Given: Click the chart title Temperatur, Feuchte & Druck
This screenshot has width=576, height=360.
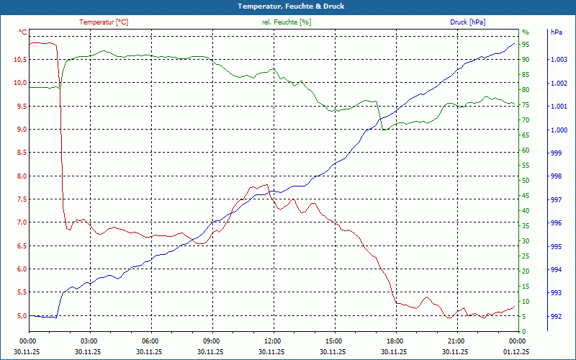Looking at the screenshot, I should (x=287, y=6).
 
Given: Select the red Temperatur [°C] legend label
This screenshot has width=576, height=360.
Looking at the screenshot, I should (x=104, y=22).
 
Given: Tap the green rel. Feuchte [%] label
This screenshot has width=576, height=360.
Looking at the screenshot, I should (x=287, y=22).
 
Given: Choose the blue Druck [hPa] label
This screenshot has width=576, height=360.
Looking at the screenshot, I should (x=467, y=22).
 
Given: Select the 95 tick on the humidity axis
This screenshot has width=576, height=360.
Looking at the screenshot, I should (x=526, y=45).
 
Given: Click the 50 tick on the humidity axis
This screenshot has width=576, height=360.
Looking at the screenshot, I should (x=526, y=181).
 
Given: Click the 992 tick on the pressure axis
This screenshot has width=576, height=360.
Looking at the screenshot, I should (x=556, y=316).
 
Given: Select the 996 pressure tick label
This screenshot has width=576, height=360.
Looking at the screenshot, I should (x=556, y=223).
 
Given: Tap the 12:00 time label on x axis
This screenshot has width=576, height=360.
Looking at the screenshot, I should (x=273, y=341).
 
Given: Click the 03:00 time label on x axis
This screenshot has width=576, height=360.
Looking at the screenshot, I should (x=89, y=341).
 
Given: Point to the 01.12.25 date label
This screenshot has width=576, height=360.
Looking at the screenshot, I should (x=516, y=352).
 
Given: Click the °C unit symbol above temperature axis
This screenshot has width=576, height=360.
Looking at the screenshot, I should (x=23, y=32).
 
